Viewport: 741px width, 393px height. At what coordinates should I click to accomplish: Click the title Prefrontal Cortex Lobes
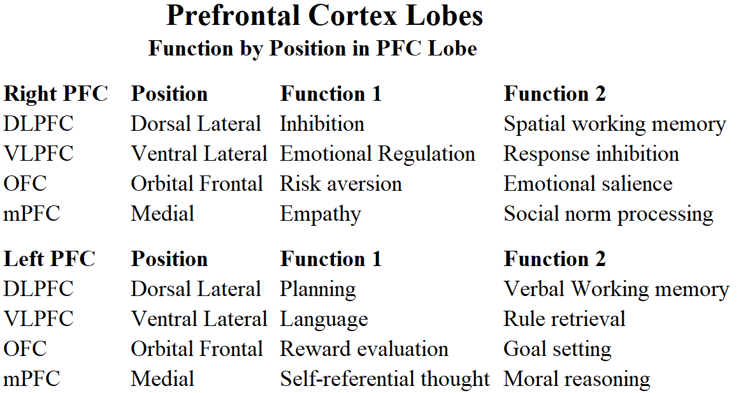(x=324, y=17)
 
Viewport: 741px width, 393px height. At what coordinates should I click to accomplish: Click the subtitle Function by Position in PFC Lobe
(x=312, y=48)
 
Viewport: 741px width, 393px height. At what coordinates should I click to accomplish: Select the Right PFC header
(x=56, y=94)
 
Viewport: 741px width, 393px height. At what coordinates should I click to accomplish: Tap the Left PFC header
(x=50, y=259)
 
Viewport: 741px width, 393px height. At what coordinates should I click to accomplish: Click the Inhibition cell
(x=322, y=124)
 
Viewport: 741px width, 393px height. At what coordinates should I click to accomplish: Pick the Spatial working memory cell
(x=614, y=124)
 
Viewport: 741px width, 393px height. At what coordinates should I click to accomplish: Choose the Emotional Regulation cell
(x=377, y=154)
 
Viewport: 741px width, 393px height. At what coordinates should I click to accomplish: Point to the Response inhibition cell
(x=591, y=154)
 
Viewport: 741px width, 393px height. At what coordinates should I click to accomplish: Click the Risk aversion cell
(x=341, y=184)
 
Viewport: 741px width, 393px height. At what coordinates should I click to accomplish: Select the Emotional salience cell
(x=587, y=184)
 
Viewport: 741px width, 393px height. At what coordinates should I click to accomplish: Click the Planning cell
(x=318, y=290)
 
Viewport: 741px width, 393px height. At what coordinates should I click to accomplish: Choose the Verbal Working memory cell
(x=615, y=290)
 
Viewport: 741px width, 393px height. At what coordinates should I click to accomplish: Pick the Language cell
(x=324, y=320)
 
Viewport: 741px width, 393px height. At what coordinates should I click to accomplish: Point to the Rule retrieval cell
(x=564, y=319)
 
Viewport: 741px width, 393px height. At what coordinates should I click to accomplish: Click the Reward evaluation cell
(x=364, y=350)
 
